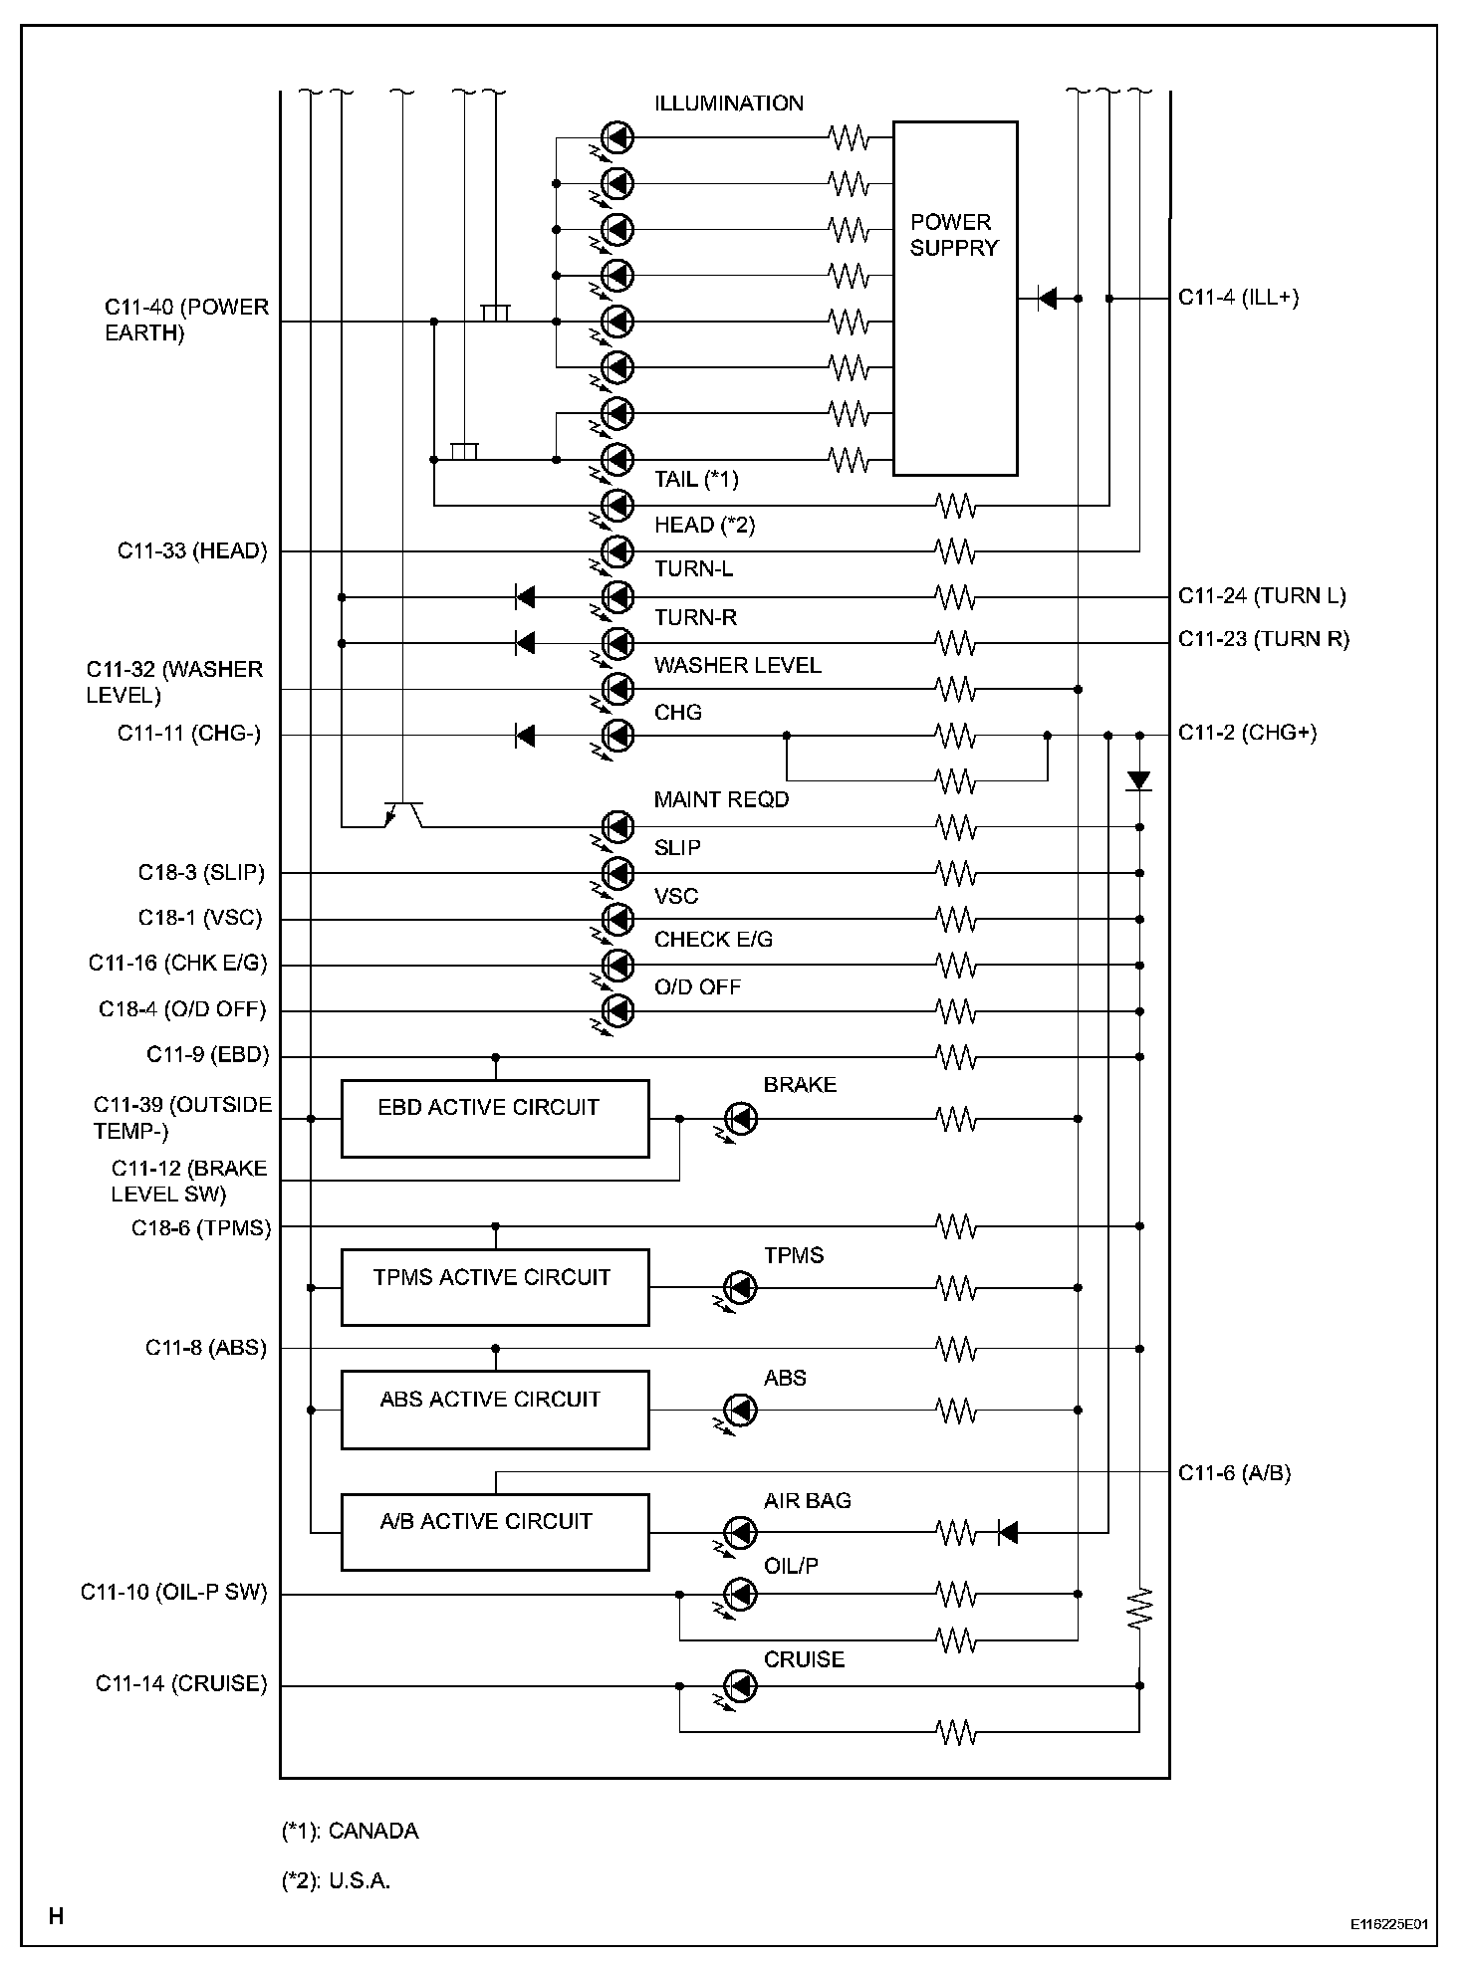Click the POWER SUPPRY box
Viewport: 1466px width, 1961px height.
[954, 299]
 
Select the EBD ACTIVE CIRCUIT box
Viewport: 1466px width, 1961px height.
[495, 1119]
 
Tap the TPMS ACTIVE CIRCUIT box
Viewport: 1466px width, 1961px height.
[495, 1287]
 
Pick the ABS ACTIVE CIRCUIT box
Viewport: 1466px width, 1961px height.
[495, 1410]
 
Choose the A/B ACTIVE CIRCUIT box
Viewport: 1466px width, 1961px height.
[495, 1532]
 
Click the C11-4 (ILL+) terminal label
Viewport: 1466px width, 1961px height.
[1238, 298]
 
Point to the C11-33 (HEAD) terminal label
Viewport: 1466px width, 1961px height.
[192, 551]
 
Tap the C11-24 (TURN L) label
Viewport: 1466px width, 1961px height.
[1262, 596]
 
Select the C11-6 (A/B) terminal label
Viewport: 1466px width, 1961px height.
[1234, 1473]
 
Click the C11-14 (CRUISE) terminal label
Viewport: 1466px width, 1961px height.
[181, 1683]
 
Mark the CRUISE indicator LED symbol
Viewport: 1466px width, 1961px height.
[740, 1686]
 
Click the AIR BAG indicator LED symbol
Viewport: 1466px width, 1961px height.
[740, 1532]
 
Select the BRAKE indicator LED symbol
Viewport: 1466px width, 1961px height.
[740, 1119]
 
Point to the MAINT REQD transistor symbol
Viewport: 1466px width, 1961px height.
[403, 813]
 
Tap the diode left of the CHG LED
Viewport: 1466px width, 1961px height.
[525, 736]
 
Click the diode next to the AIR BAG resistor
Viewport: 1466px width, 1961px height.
[1007, 1533]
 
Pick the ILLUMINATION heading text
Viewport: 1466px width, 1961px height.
[729, 104]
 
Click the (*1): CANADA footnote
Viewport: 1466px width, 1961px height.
[351, 1832]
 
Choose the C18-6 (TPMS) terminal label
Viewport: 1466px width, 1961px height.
[201, 1228]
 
